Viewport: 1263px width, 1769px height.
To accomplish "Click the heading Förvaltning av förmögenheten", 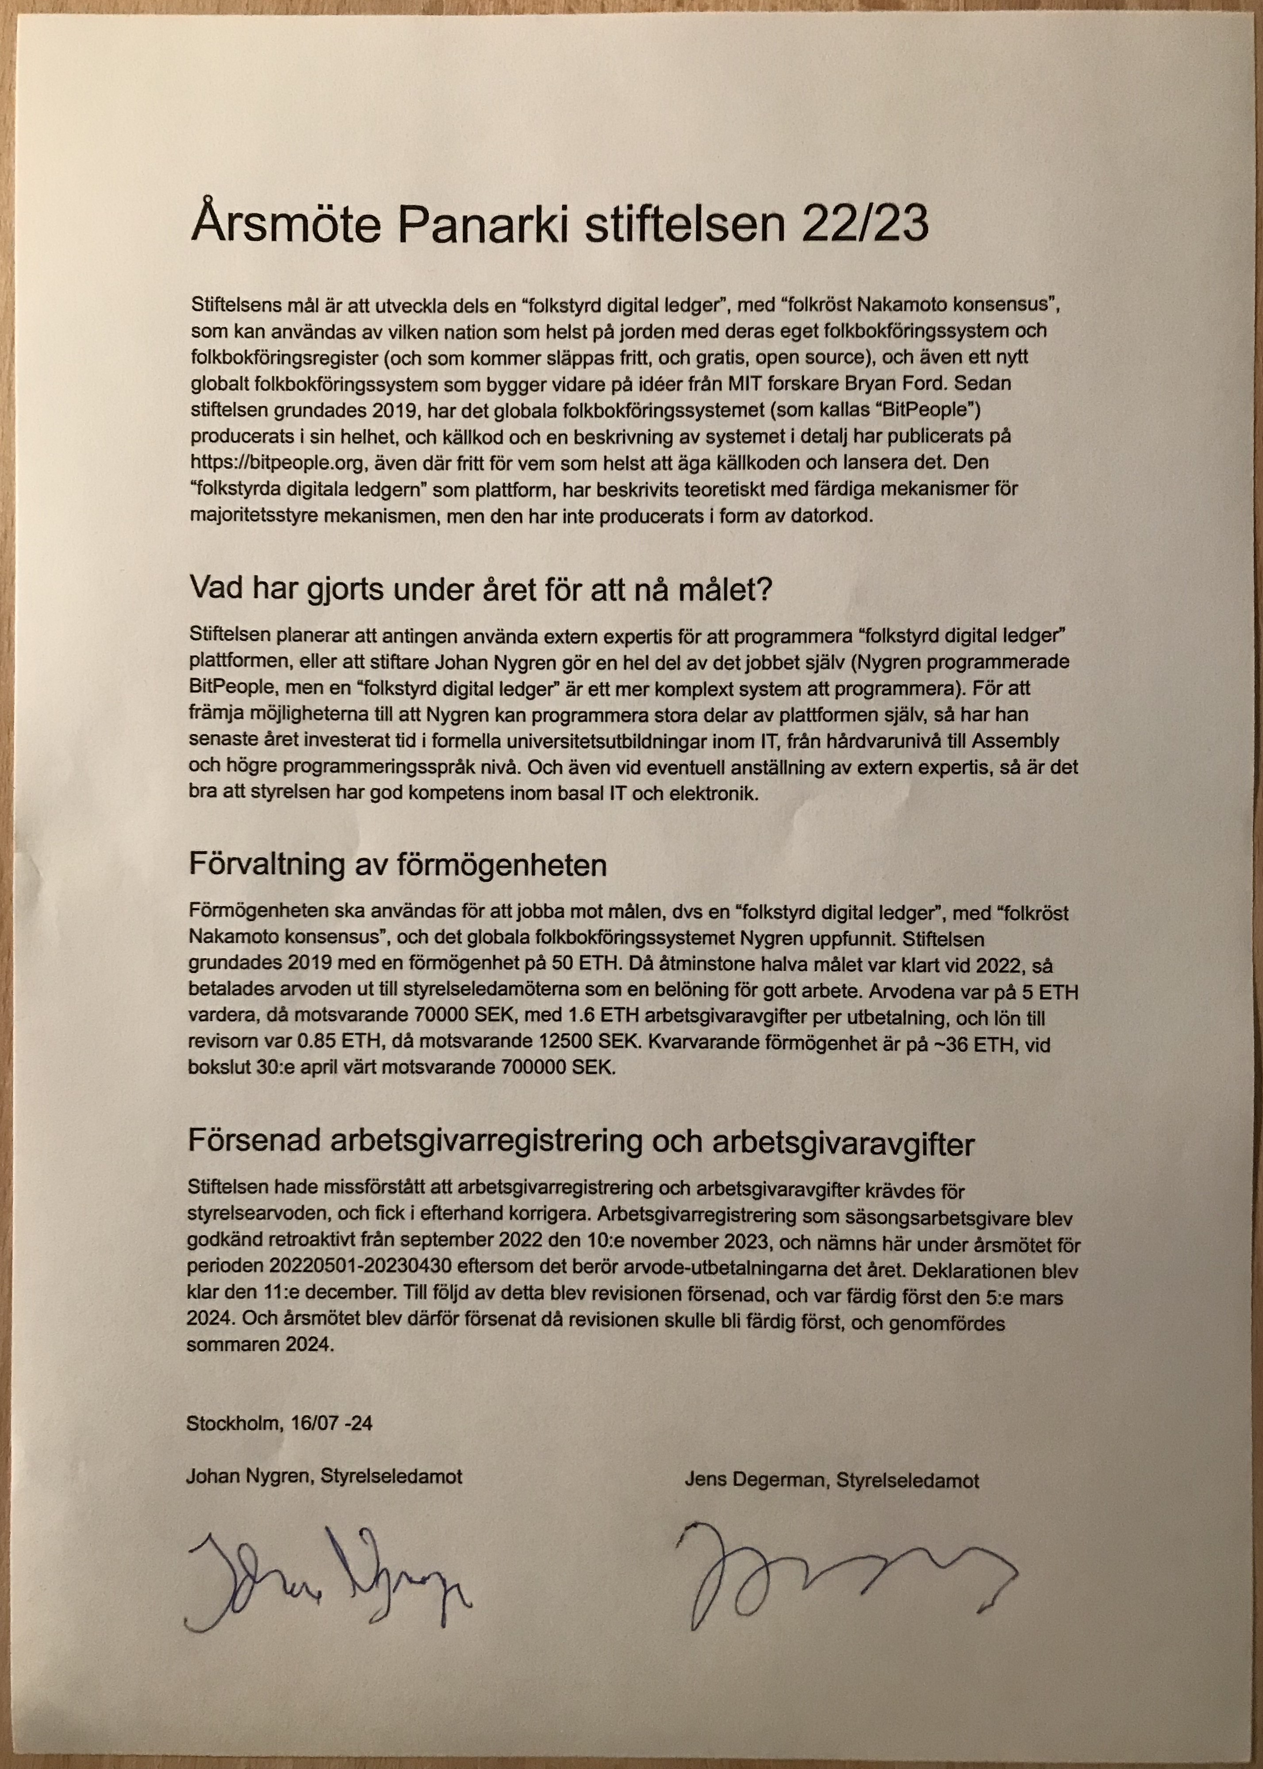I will [397, 865].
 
